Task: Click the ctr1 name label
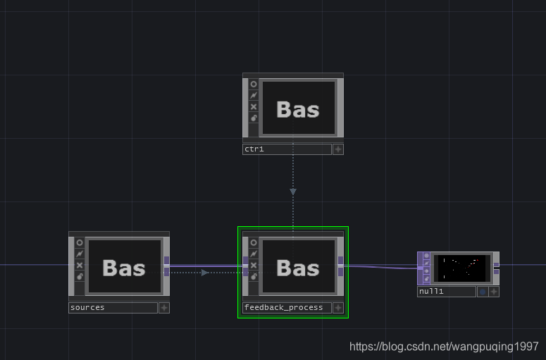click(x=286, y=149)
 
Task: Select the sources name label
click(x=113, y=308)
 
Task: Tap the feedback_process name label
click(x=286, y=308)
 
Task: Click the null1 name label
click(x=446, y=292)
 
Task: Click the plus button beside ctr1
click(x=338, y=149)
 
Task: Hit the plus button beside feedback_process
click(x=338, y=308)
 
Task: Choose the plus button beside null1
click(x=494, y=292)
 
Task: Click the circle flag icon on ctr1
click(x=254, y=84)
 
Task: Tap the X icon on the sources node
click(x=80, y=266)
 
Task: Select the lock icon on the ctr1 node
click(x=254, y=118)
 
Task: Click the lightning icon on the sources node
click(x=80, y=254)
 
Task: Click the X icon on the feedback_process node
click(x=254, y=266)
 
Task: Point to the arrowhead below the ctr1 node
click(x=293, y=191)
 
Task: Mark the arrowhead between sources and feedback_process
click(x=204, y=272)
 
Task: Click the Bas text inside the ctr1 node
click(x=297, y=109)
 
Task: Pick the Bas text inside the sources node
click(x=124, y=268)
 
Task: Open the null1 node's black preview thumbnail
click(x=462, y=268)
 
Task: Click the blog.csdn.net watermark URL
click(x=444, y=347)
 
